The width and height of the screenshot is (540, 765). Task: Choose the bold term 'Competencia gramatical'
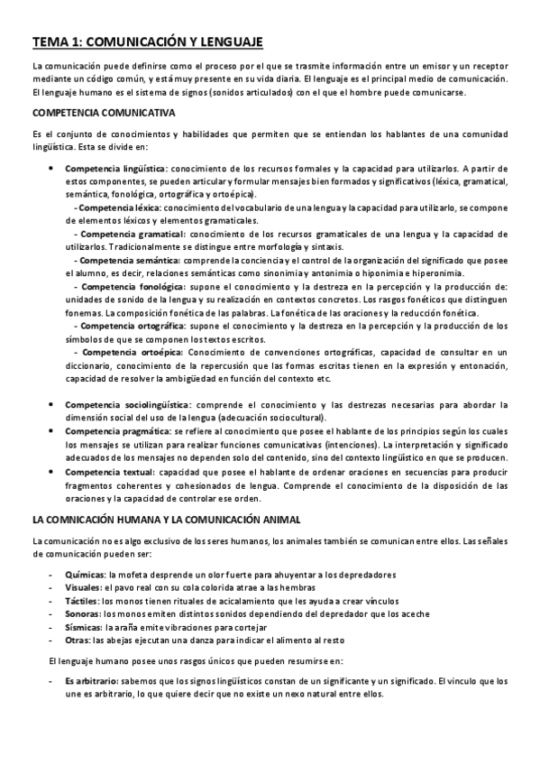click(132, 235)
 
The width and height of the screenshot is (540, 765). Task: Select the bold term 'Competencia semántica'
click(130, 261)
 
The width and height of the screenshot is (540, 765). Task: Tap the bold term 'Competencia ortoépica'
click(130, 352)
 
